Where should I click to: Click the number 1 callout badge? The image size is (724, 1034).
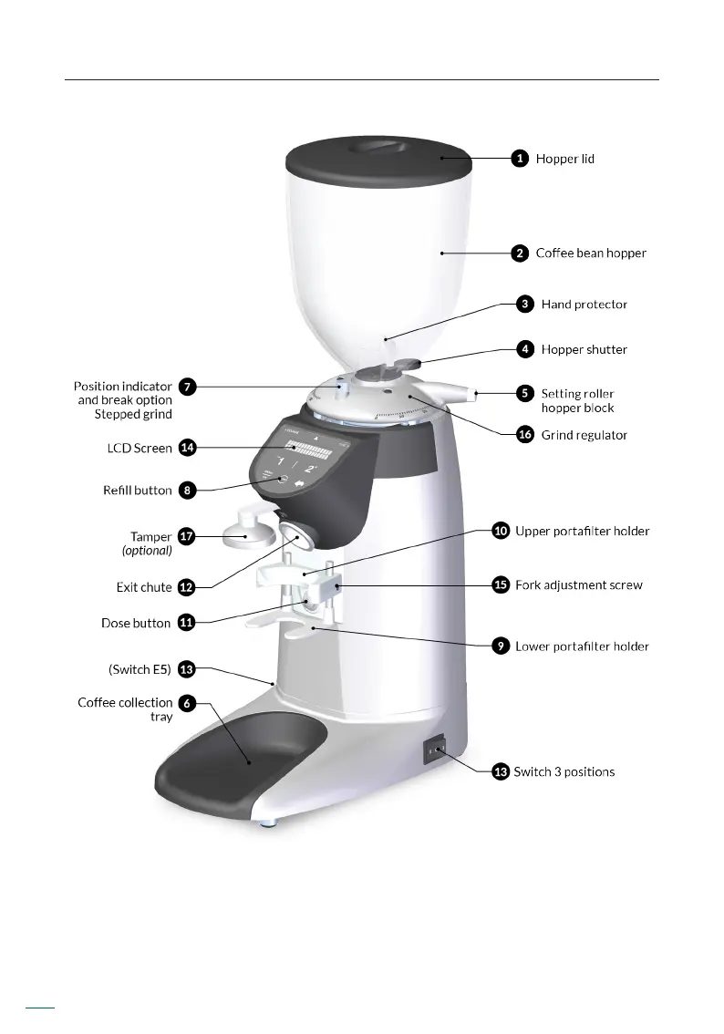(x=519, y=159)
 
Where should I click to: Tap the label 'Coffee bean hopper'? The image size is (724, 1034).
(x=590, y=253)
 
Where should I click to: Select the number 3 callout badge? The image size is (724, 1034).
(x=524, y=305)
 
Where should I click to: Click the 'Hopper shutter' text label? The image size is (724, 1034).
(x=584, y=349)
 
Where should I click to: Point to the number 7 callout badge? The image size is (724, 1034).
(x=186, y=387)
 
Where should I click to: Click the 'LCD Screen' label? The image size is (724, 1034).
(x=140, y=449)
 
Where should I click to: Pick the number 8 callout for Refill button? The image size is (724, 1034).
(x=186, y=491)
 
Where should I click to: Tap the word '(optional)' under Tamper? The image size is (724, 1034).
(x=147, y=551)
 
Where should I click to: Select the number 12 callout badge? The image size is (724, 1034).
(x=186, y=587)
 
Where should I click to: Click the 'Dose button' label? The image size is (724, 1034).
(x=136, y=624)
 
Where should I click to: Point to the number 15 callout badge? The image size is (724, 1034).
(x=500, y=584)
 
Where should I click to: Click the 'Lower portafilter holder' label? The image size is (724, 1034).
(x=582, y=646)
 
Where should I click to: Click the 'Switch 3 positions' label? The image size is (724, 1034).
(x=564, y=772)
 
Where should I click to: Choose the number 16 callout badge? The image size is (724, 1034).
(x=524, y=435)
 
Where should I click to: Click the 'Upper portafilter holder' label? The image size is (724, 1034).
(x=582, y=531)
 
